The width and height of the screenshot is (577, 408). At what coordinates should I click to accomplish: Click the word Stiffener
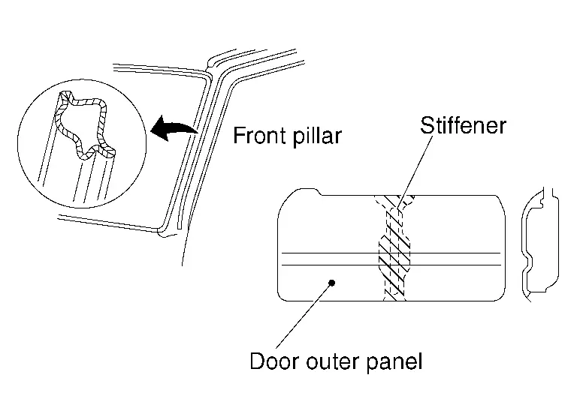coord(463,124)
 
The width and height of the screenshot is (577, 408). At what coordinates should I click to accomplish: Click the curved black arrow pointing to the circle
coord(174,129)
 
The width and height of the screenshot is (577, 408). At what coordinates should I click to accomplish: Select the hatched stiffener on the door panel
coord(394,247)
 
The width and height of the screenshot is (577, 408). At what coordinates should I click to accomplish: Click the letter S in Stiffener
coord(426,124)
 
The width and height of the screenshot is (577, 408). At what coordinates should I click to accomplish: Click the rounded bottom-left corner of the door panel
coord(282,295)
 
